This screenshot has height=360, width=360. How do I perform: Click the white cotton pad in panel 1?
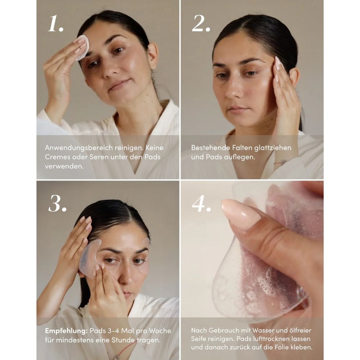coord(82,47)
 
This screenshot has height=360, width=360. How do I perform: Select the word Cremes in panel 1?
coord(56,157)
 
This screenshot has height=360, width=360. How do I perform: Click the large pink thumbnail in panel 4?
coord(240,215)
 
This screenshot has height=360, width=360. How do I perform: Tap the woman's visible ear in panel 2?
coord(294,77)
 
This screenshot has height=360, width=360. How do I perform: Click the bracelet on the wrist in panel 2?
coord(280,162)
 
